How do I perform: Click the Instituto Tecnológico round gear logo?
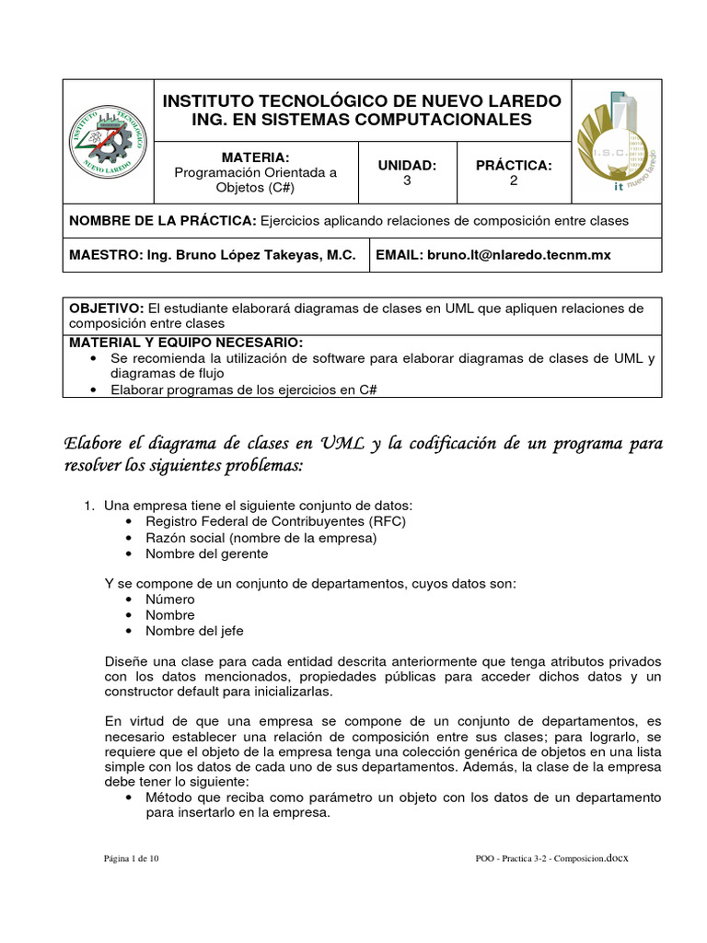point(108,140)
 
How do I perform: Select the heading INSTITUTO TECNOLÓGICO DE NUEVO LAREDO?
point(361,99)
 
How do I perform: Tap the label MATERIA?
point(255,157)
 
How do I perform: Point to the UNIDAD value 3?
point(407,181)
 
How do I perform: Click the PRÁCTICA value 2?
point(514,181)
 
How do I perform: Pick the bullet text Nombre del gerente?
point(207,553)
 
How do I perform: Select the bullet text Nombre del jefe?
point(194,631)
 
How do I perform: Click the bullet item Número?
point(170,600)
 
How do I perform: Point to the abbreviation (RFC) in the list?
point(387,522)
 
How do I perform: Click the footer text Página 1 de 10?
point(132,859)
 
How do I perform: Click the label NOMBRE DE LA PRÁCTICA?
point(163,221)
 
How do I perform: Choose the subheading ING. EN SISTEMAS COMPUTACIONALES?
point(361,120)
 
